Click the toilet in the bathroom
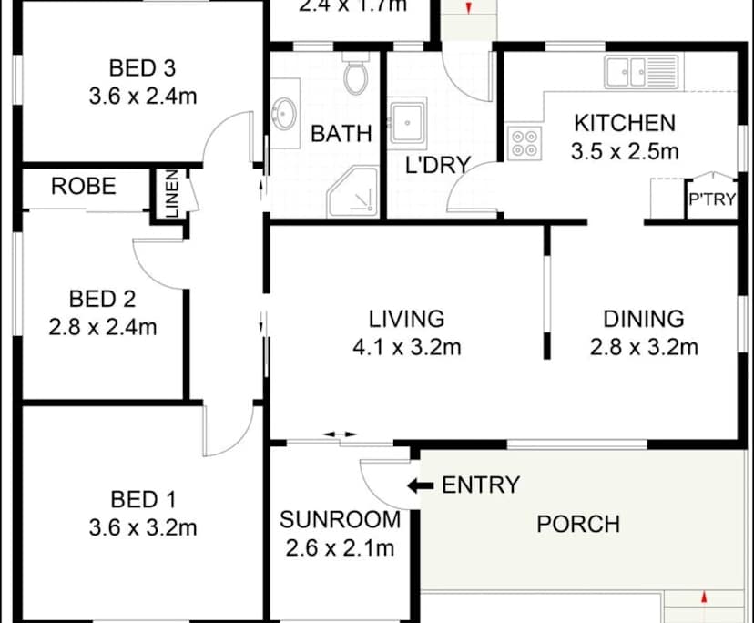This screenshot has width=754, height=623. [x=355, y=76]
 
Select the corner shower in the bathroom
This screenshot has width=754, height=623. [x=354, y=193]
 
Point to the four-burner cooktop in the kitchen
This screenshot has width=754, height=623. [x=524, y=144]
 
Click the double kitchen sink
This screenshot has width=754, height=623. [x=641, y=71]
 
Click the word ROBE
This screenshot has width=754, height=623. [x=84, y=187]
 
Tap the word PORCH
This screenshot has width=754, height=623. [x=578, y=524]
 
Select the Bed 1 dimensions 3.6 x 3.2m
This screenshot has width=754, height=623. [x=143, y=527]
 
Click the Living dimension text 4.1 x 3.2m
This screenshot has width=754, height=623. [x=407, y=346]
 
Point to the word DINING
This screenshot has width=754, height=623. [x=644, y=319]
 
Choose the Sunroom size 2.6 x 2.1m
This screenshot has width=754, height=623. [x=340, y=548]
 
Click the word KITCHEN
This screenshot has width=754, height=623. [x=625, y=123]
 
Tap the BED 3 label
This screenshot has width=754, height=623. [x=142, y=67]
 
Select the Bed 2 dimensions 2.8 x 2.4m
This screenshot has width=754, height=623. [x=103, y=326]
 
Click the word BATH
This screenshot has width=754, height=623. [x=341, y=134]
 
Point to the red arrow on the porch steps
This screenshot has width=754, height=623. [x=705, y=598]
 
